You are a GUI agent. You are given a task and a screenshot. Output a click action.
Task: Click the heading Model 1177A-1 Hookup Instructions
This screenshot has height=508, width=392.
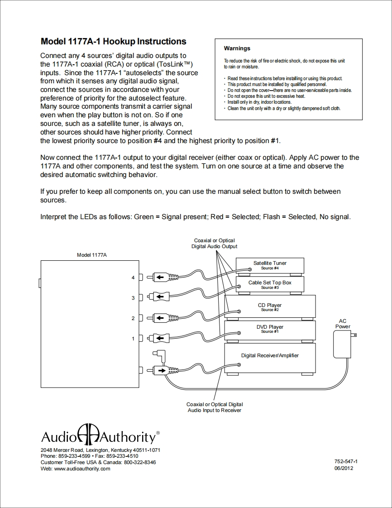(113, 42)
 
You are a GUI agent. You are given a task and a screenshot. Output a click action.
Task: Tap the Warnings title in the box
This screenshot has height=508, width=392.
(237, 48)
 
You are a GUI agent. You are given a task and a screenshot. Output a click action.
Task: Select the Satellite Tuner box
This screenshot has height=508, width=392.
(270, 265)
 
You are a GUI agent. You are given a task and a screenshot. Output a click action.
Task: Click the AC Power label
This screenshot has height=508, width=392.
(343, 324)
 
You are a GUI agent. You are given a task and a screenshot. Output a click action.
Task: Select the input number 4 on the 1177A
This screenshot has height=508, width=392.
(133, 278)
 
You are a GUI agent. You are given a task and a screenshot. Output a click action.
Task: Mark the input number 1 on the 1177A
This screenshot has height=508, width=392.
(133, 339)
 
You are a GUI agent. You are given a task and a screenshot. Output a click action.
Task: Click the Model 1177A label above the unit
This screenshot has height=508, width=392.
(92, 255)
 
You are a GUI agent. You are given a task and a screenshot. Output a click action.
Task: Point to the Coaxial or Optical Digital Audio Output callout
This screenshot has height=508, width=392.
(215, 244)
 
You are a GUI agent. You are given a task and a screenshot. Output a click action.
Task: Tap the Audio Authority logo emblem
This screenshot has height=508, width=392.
(86, 436)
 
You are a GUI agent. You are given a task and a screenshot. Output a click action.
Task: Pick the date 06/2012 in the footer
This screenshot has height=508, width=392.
(343, 468)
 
